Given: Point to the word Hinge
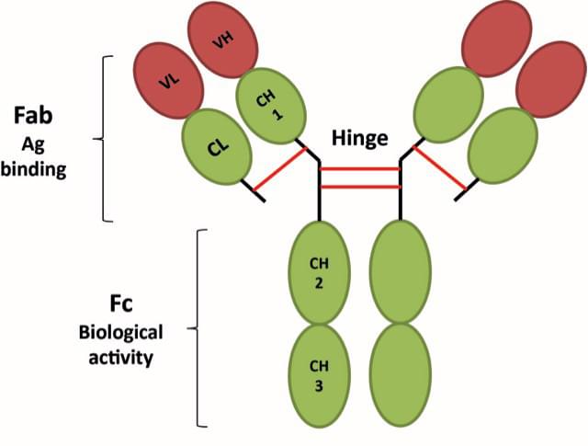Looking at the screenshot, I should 360,139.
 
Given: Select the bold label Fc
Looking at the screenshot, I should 120,303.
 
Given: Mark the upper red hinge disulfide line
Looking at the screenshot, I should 360,169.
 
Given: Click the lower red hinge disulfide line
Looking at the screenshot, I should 360,187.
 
